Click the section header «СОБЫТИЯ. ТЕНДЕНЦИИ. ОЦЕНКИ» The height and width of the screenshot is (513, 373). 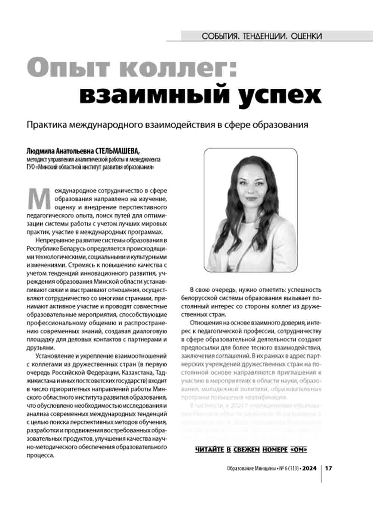coord(261,36)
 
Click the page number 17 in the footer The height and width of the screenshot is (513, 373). coord(328,468)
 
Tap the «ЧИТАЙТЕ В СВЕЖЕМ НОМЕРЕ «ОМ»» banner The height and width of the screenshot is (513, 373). coord(251,450)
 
